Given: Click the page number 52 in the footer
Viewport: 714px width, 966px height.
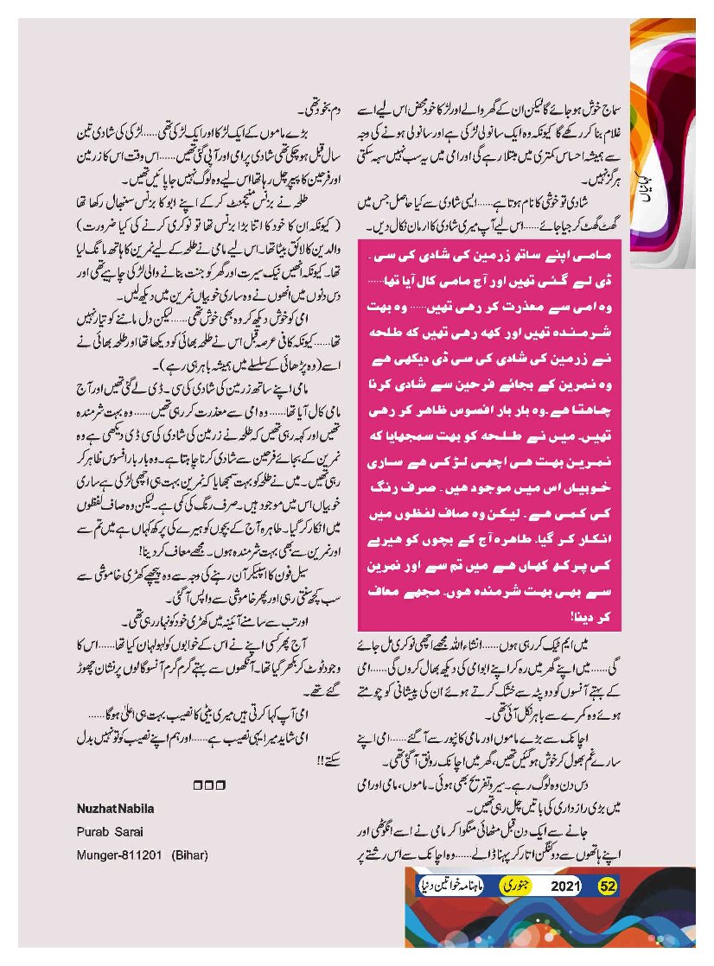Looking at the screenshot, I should (608, 886).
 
